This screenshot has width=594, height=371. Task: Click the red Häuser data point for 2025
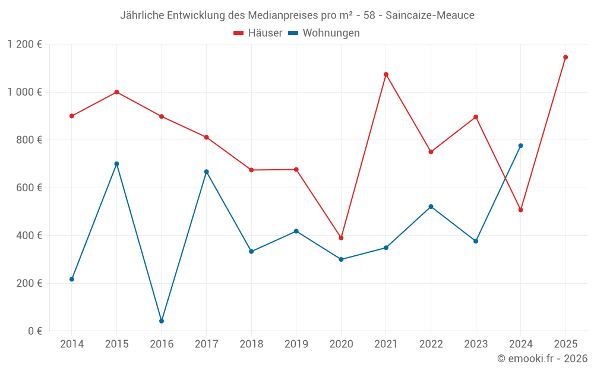[565, 58]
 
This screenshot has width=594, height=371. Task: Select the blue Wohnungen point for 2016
[162, 321]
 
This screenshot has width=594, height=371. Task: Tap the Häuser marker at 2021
[386, 75]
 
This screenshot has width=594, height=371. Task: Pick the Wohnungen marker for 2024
[520, 145]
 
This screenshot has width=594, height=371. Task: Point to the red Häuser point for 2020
[341, 238]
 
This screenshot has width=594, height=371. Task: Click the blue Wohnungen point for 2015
[116, 164]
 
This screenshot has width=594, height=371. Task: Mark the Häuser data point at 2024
[520, 210]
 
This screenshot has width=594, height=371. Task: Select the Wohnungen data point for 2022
[431, 207]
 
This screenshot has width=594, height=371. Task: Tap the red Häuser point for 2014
[72, 116]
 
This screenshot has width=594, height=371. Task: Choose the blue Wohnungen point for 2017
[206, 172]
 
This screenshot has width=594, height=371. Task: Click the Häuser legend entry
[258, 33]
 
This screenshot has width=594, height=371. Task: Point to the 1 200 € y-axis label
[24, 45]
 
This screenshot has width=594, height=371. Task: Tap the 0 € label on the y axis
[35, 331]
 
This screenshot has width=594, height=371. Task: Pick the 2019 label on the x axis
[296, 344]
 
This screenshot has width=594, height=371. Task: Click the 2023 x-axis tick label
[475, 344]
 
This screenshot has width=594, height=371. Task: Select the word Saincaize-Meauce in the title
[430, 15]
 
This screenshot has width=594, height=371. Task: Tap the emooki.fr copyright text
[542, 359]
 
